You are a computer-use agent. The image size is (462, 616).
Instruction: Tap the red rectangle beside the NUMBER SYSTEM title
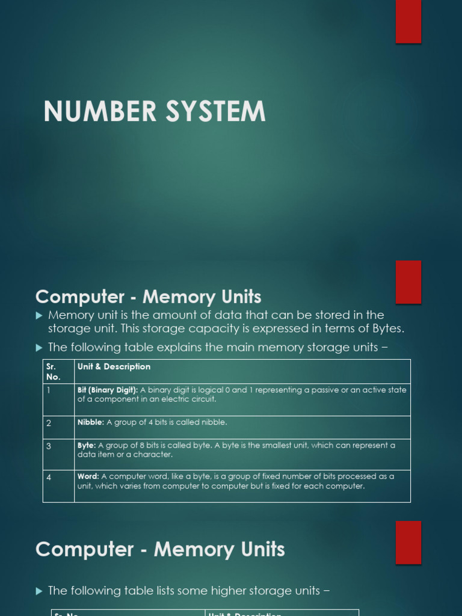coord(408,21)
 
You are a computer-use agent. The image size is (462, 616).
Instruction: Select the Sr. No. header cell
coord(53,372)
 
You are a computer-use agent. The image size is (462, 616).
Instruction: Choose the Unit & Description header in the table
coord(114,367)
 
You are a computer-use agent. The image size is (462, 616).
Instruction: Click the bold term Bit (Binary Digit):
coord(108,390)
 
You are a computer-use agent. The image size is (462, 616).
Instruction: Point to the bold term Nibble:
coord(91,422)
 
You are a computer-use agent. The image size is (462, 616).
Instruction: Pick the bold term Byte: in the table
coord(87,446)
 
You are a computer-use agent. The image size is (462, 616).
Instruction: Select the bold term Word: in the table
coord(88,476)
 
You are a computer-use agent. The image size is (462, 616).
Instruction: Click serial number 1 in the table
coord(49,390)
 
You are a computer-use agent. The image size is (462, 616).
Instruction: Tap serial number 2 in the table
coord(49,423)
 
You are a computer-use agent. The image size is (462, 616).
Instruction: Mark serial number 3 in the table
coord(49,446)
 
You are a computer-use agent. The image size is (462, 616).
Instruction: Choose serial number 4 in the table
coord(49,477)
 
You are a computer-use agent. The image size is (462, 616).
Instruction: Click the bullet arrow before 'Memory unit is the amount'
coord(39,315)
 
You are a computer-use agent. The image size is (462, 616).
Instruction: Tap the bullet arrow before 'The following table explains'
coord(39,348)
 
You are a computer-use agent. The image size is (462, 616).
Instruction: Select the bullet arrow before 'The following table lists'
coord(39,591)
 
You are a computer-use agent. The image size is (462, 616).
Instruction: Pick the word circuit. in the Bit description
coord(203,399)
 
